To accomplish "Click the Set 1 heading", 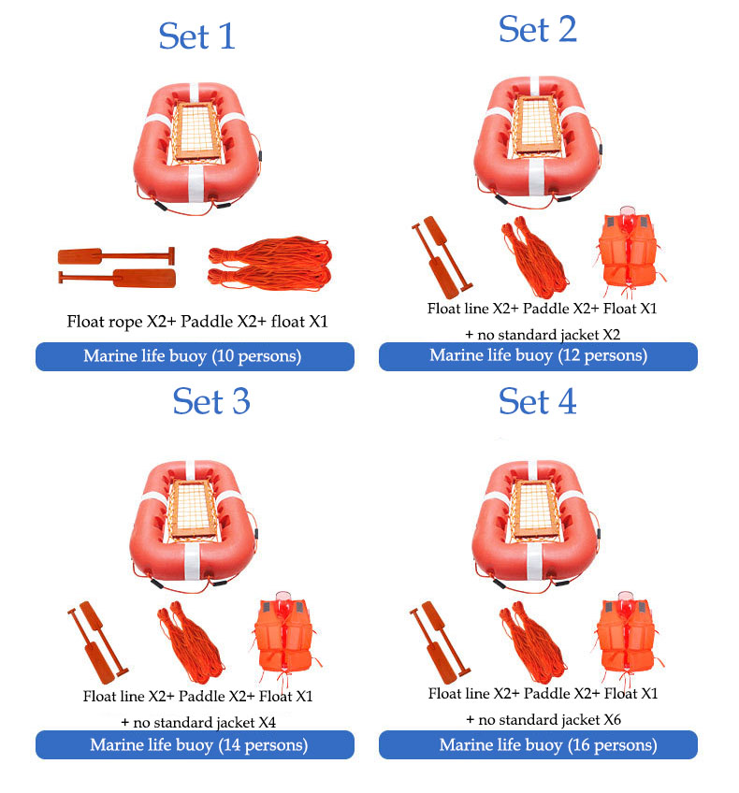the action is [x=196, y=36].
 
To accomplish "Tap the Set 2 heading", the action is [x=537, y=29].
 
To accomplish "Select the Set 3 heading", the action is [x=211, y=401].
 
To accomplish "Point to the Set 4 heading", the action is [x=537, y=401].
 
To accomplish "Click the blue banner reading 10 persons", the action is [x=195, y=356].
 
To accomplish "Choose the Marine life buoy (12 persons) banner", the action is [x=538, y=356].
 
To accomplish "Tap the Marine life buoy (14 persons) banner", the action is [x=195, y=744].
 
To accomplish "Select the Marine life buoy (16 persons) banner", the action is [x=538, y=744].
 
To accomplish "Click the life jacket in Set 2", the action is [x=629, y=252].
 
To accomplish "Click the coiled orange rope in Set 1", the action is [x=270, y=264].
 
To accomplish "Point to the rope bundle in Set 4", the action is [x=533, y=642].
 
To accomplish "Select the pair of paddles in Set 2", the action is [x=442, y=257].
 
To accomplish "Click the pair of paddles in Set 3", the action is [x=98, y=642].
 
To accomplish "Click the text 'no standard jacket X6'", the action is [x=549, y=719].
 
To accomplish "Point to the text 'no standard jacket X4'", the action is [x=204, y=722].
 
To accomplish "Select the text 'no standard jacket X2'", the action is [x=548, y=334].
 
